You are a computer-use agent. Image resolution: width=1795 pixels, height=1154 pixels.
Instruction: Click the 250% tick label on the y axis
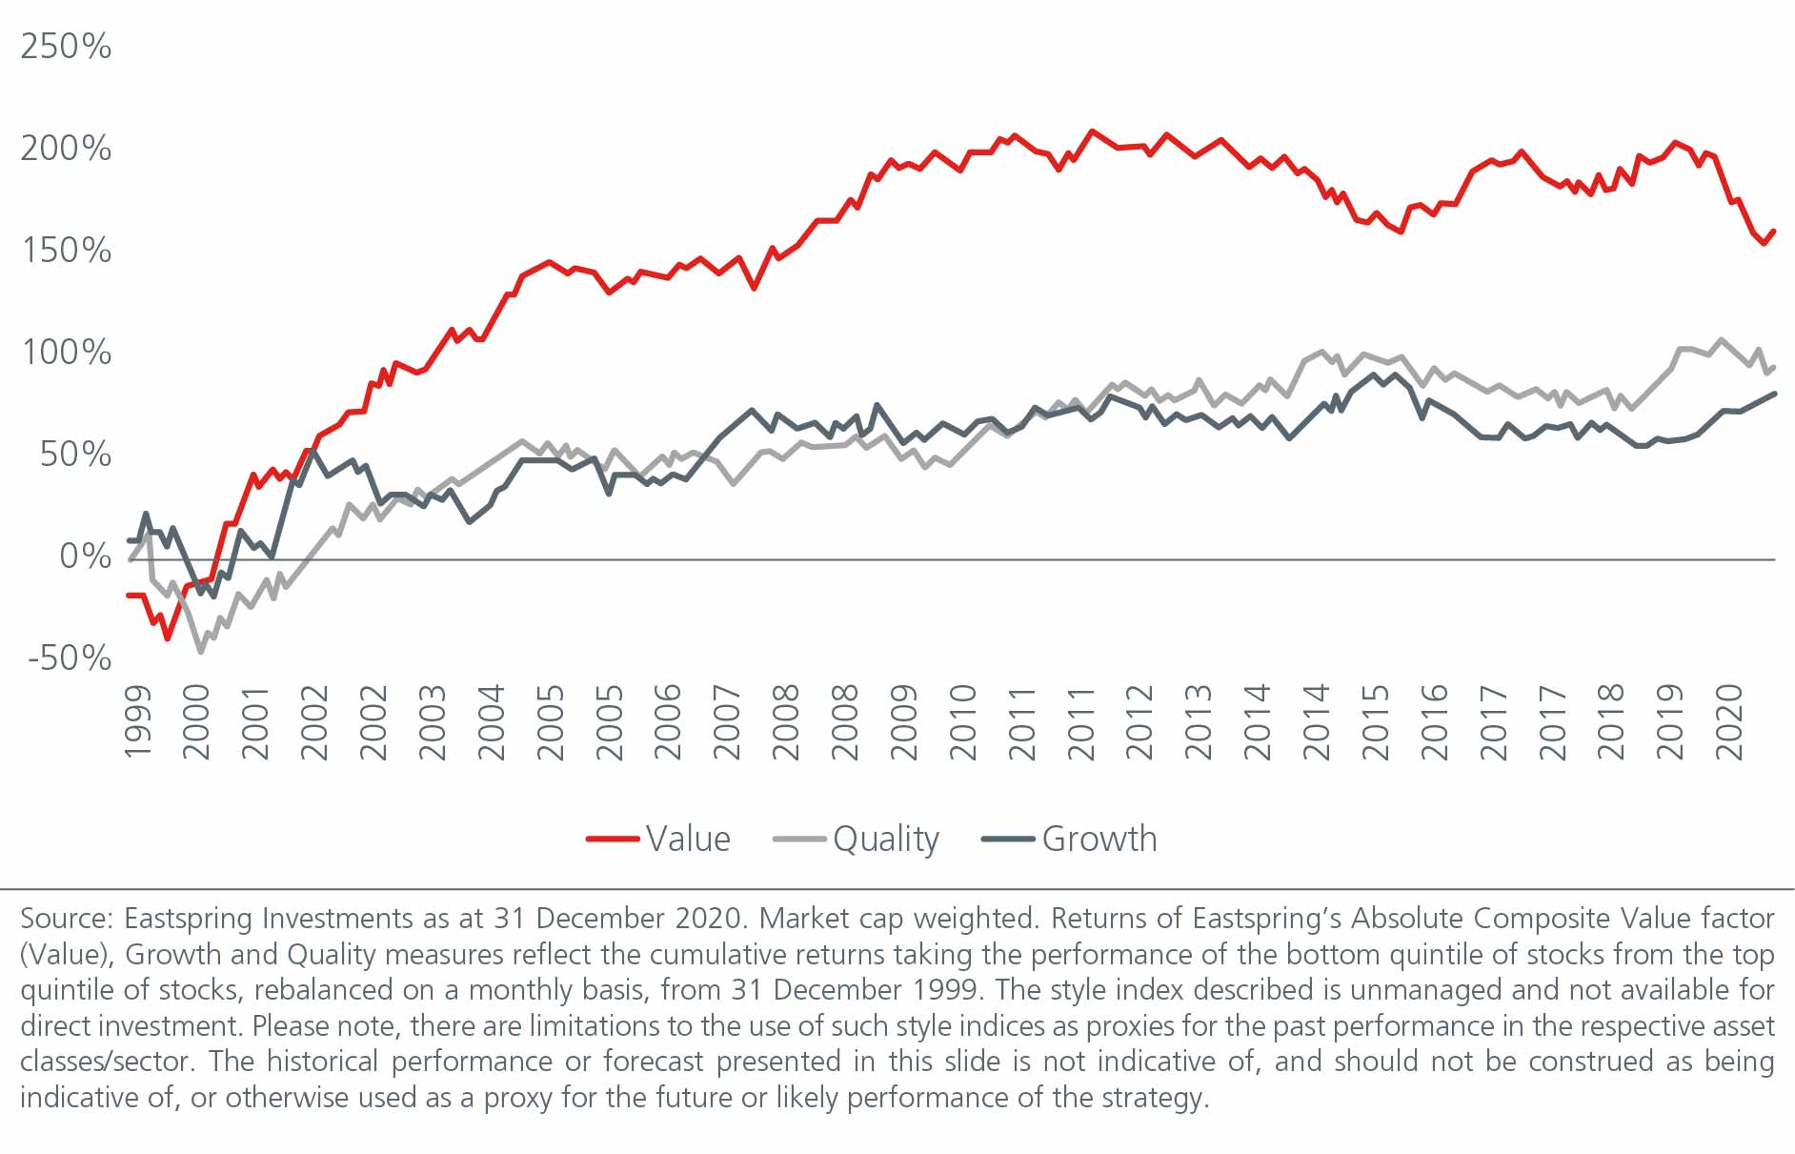click(66, 46)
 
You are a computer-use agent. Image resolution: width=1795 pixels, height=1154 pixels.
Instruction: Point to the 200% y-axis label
click(66, 148)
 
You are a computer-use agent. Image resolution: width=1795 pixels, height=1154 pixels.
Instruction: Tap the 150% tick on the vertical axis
click(66, 250)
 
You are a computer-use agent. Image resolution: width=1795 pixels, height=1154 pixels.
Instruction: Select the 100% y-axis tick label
click(66, 352)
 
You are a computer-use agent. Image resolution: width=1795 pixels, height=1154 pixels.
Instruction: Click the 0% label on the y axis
click(85, 556)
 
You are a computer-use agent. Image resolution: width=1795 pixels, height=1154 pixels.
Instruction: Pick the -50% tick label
click(70, 658)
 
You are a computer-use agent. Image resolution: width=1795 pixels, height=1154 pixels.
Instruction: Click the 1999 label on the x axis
click(138, 721)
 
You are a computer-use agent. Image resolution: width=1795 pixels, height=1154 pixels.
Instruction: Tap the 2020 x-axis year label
click(1729, 721)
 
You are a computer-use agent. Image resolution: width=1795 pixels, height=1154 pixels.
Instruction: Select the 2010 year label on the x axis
click(963, 721)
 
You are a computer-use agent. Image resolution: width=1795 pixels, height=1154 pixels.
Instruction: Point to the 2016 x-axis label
click(1434, 721)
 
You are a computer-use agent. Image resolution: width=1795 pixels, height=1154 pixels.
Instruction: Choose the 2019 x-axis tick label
click(1670, 721)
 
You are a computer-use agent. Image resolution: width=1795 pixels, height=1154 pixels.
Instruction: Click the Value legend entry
click(688, 839)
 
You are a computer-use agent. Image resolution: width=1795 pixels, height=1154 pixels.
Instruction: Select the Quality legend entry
click(885, 839)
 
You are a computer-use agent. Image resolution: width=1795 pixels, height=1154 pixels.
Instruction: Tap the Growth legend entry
click(1099, 839)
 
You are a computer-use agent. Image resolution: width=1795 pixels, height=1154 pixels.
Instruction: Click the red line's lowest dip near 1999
click(168, 638)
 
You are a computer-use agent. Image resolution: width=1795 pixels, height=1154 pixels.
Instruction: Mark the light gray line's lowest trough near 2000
click(200, 652)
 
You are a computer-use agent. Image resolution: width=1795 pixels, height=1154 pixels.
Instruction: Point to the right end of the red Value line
click(1773, 231)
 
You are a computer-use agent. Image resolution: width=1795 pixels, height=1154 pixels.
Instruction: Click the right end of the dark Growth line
click(1773, 394)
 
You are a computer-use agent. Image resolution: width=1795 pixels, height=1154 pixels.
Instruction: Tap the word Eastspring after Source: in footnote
click(190, 918)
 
